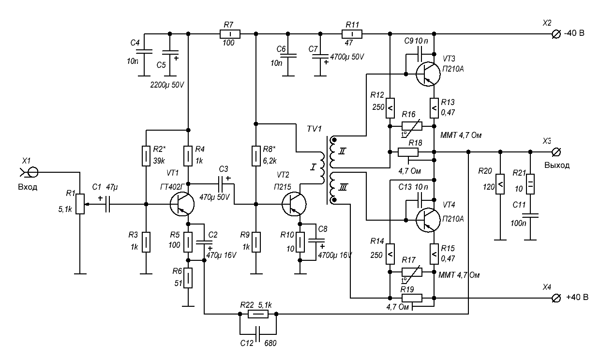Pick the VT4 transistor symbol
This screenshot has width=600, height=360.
click(428, 219)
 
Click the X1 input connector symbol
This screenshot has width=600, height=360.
click(33, 171)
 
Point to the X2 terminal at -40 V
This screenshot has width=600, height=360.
click(557, 33)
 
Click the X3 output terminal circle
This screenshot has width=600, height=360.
click(557, 152)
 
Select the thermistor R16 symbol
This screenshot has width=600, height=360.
click(411, 126)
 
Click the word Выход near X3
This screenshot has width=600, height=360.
click(557, 165)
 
